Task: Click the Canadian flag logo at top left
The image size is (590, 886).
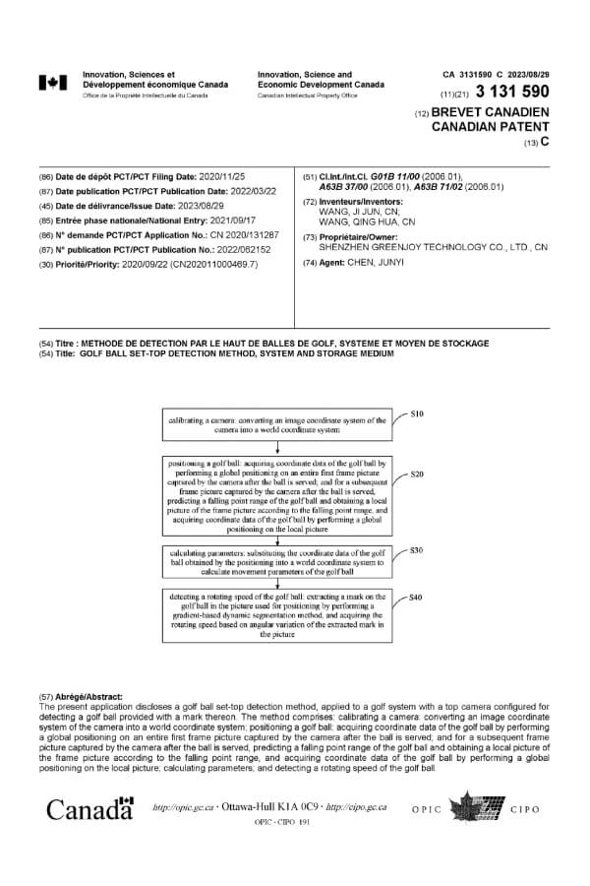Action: [x=53, y=83]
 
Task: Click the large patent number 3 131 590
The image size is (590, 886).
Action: [x=514, y=93]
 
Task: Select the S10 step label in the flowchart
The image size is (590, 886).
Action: [x=416, y=413]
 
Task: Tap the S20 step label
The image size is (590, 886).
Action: [x=416, y=475]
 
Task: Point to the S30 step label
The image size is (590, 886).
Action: [x=416, y=549]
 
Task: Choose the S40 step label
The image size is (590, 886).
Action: [x=416, y=598]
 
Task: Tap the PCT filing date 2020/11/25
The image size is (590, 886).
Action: [x=236, y=177]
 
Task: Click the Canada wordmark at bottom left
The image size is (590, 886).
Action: [x=89, y=809]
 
